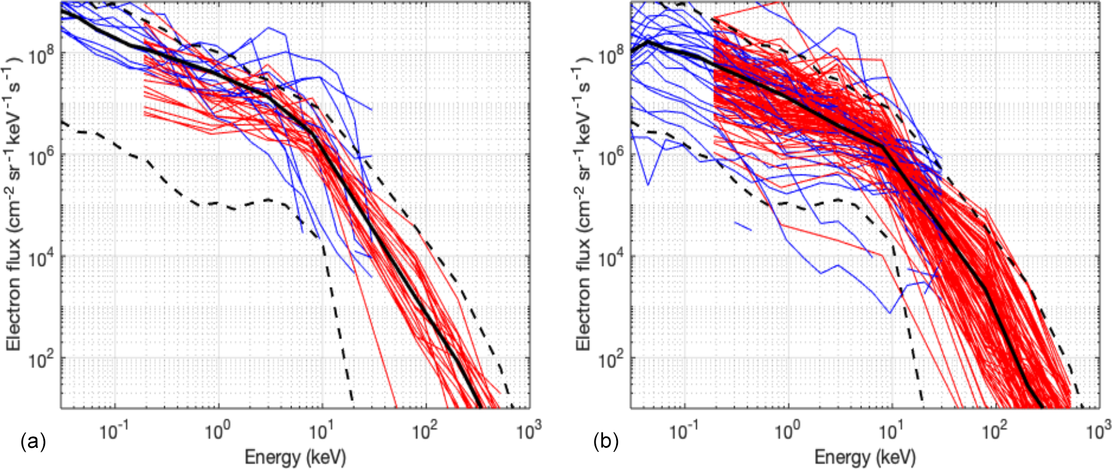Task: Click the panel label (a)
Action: click(x=33, y=441)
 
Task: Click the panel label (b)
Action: click(x=606, y=441)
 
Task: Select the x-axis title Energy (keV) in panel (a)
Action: click(x=295, y=457)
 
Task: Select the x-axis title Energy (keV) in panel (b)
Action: click(x=865, y=457)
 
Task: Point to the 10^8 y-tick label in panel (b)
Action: click(x=612, y=56)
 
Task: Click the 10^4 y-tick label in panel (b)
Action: click(x=612, y=259)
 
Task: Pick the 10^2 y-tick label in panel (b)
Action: click(x=612, y=361)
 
